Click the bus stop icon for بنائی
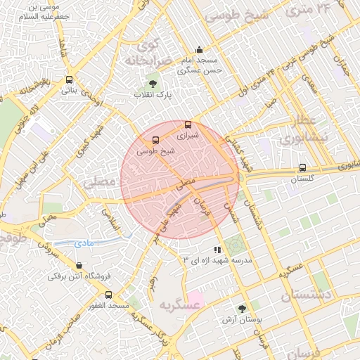(69, 79)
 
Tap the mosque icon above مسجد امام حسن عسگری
(200, 50)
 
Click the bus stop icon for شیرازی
(188, 124)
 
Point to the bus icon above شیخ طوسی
(155, 139)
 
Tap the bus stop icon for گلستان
(302, 168)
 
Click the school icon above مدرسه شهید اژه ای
(217, 250)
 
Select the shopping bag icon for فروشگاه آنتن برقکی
(78, 266)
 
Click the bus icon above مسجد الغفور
(108, 295)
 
